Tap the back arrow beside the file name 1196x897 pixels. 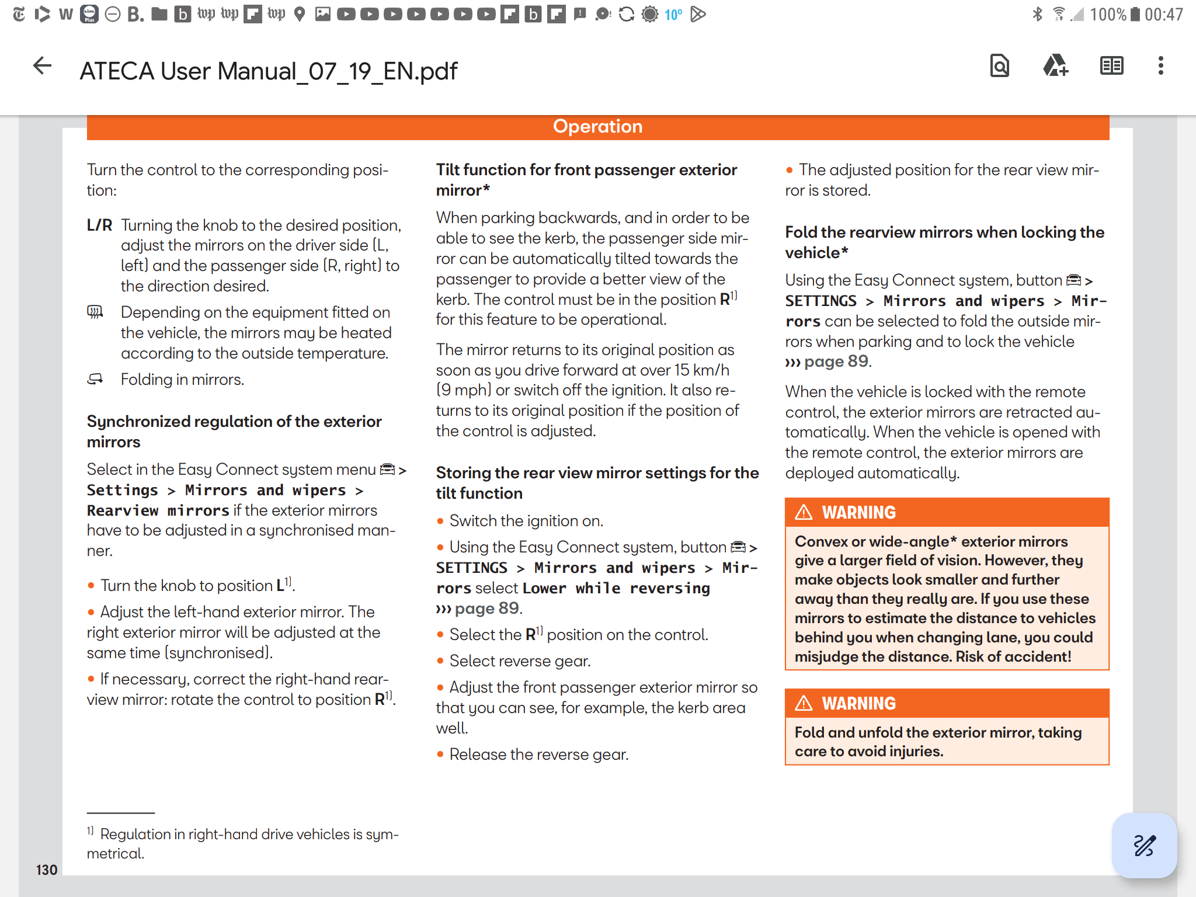click(x=42, y=66)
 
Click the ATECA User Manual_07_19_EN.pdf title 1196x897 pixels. click(x=268, y=71)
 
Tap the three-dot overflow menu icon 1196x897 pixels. click(x=1160, y=66)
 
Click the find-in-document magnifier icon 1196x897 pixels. click(x=999, y=66)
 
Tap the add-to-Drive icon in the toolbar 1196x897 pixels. click(x=1055, y=66)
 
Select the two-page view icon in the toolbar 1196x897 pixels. click(x=1111, y=66)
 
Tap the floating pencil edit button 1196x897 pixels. click(x=1144, y=845)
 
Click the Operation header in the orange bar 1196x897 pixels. click(x=597, y=127)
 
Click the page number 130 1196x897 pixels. click(x=47, y=870)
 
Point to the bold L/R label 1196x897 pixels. click(x=99, y=225)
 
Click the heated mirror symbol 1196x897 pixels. click(x=95, y=312)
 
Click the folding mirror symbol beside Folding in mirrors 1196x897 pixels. click(x=95, y=380)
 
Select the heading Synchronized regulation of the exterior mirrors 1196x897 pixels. click(x=234, y=431)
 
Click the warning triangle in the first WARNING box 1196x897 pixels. click(x=804, y=512)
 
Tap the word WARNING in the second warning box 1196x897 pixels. click(x=858, y=703)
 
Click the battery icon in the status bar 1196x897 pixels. click(x=1135, y=14)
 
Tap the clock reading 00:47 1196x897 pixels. click(x=1163, y=14)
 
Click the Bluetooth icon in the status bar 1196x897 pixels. click(x=1037, y=14)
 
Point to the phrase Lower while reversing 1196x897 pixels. click(x=616, y=588)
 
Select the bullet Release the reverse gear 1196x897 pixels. click(x=538, y=755)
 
